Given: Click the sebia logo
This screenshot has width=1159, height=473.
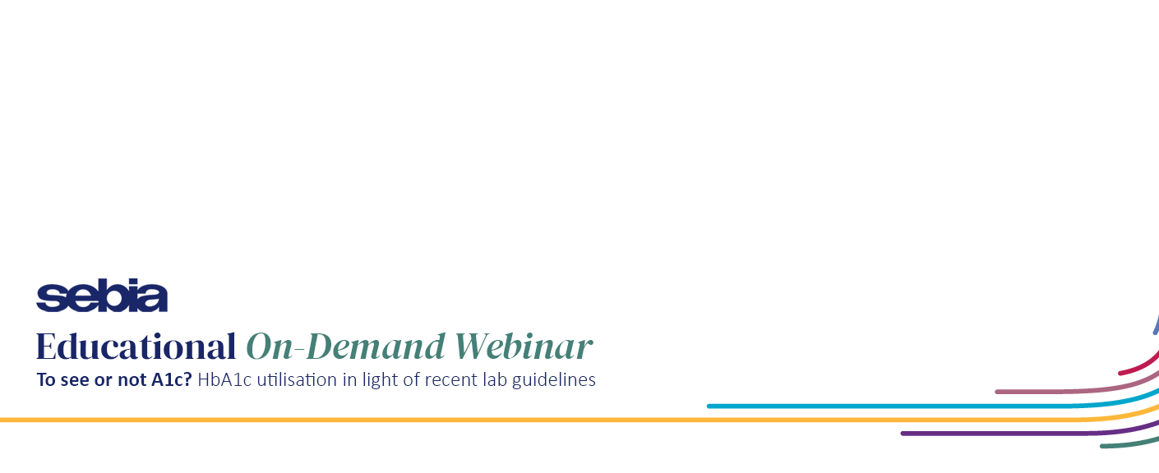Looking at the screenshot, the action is pyautogui.click(x=102, y=295).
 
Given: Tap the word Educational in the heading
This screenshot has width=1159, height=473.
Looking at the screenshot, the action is pyautogui.click(x=136, y=347).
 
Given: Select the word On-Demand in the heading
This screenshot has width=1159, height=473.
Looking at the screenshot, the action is pyautogui.click(x=345, y=347).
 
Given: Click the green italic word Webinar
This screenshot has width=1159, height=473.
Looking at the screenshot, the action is pyautogui.click(x=523, y=347).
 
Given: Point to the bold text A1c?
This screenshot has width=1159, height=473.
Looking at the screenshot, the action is pyautogui.click(x=171, y=380).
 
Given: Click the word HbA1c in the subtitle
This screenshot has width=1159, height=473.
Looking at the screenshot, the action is pyautogui.click(x=224, y=380).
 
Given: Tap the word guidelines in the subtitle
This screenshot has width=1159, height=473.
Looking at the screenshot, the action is pyautogui.click(x=554, y=380).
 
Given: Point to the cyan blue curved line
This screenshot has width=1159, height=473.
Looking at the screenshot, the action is pyautogui.click(x=931, y=406).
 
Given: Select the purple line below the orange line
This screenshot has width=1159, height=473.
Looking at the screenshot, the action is pyautogui.click(x=1030, y=434).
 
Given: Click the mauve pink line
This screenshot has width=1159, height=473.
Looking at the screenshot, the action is pyautogui.click(x=1076, y=392).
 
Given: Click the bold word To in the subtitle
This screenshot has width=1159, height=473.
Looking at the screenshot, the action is pyautogui.click(x=45, y=380).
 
